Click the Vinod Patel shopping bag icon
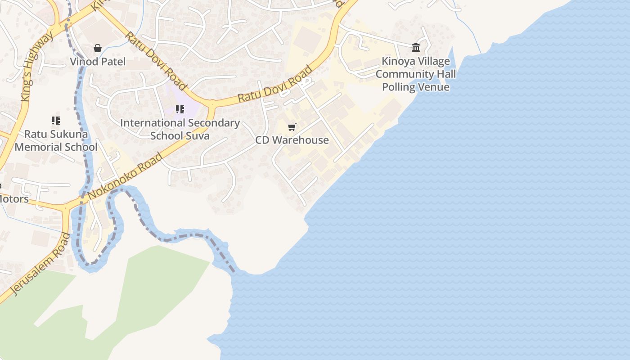point(98,48)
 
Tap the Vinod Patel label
point(98,62)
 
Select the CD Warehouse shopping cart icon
point(292,127)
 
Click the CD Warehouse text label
point(292,140)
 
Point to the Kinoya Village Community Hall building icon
point(416,47)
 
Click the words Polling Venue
point(416,87)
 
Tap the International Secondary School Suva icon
point(180,109)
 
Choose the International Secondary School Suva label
point(180,129)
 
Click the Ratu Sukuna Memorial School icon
point(56,121)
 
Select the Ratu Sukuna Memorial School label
point(56,140)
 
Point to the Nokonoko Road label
point(125,176)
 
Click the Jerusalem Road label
point(40,264)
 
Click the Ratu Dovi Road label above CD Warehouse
point(274,84)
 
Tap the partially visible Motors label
point(13,199)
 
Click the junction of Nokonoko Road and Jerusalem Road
point(67,208)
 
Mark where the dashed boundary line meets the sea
point(234,272)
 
